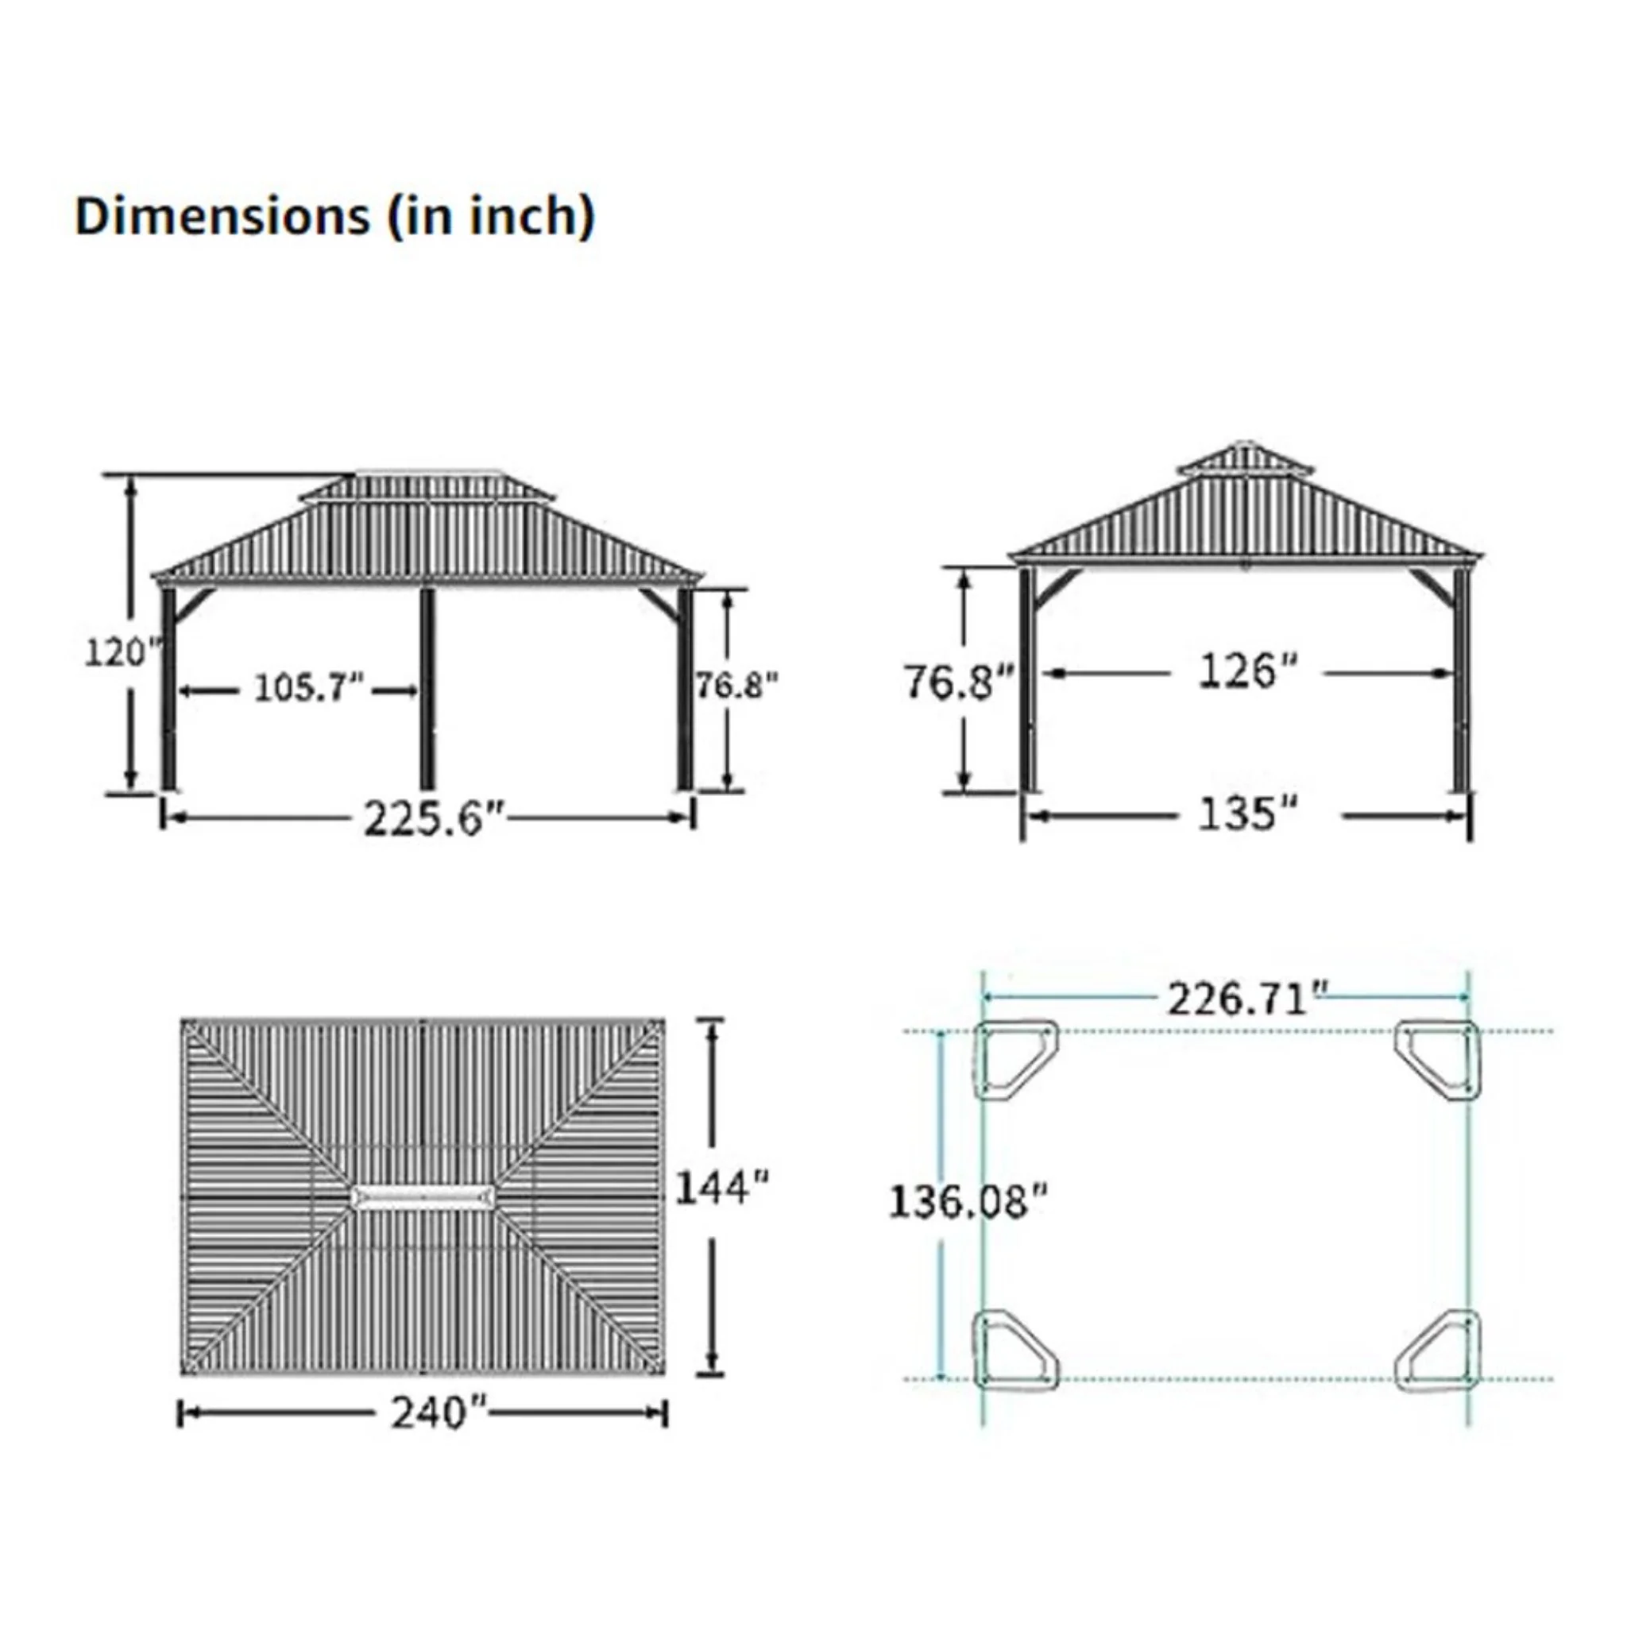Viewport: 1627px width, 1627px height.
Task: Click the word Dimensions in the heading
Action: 222,216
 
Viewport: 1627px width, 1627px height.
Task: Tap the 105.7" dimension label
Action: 308,688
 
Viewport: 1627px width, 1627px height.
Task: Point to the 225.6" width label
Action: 434,818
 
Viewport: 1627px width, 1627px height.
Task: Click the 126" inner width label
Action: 1248,672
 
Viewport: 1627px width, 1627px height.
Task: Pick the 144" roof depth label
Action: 721,1188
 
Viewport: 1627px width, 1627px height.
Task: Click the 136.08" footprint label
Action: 968,1201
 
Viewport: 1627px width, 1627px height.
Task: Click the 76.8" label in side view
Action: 958,682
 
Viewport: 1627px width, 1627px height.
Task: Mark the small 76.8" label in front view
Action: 735,686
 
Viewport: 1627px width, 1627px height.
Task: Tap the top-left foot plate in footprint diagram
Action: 1014,1060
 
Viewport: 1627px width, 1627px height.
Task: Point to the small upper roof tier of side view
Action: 1246,460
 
